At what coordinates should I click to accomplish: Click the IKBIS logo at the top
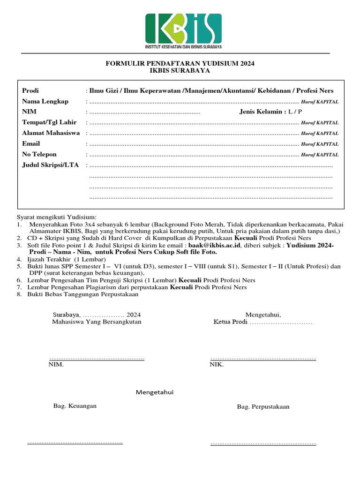click(x=183, y=31)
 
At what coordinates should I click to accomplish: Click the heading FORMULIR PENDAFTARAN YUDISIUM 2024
click(x=180, y=63)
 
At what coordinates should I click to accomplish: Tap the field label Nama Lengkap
click(x=45, y=101)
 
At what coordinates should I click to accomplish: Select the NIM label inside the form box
click(x=29, y=112)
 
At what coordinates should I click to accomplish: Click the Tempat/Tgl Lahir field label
click(x=50, y=122)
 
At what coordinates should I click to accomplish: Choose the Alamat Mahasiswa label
click(x=51, y=133)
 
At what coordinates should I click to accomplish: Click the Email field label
click(x=31, y=143)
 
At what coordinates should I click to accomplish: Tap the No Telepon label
click(x=39, y=154)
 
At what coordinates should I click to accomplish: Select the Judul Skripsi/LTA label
click(x=50, y=165)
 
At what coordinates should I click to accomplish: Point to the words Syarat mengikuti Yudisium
click(x=56, y=217)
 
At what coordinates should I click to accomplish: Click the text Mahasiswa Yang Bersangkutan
click(x=97, y=322)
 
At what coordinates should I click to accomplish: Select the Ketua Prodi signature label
click(x=231, y=322)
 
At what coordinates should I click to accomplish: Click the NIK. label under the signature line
click(x=217, y=364)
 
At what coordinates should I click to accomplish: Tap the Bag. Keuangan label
click(x=75, y=405)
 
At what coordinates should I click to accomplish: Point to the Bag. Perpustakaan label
click(x=263, y=406)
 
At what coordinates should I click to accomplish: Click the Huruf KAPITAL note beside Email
click(x=320, y=144)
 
